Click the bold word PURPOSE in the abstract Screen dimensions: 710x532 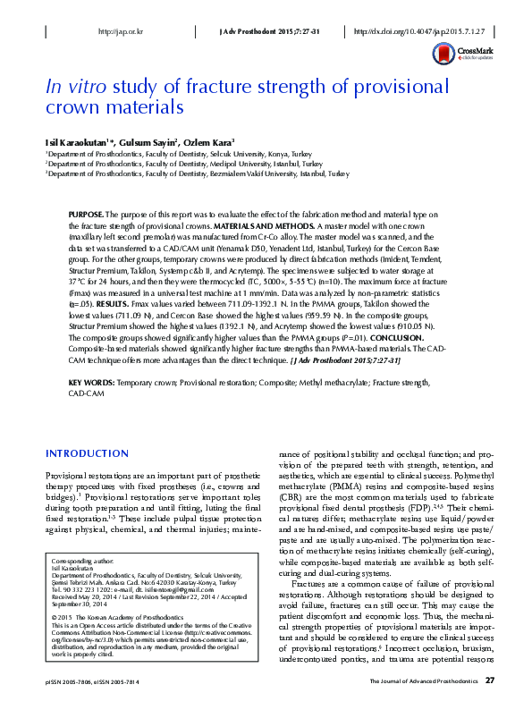(87, 216)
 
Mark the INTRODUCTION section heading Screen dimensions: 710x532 (88, 452)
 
